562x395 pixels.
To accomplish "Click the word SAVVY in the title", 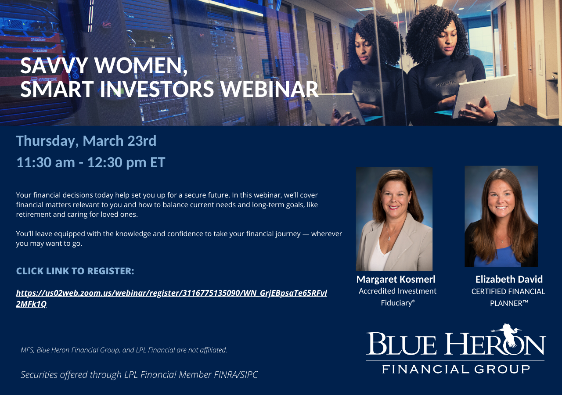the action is pyautogui.click(x=54, y=66).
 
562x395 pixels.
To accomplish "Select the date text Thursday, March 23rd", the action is pyautogui.click(x=86, y=141).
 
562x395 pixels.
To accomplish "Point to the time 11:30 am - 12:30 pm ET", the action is pyautogui.click(x=91, y=162).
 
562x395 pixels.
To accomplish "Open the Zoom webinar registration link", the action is pyautogui.click(x=171, y=298).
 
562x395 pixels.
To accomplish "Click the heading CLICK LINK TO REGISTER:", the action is pyautogui.click(x=75, y=271).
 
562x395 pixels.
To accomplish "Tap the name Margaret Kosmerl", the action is pyautogui.click(x=396, y=280).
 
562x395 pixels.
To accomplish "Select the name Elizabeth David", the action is pyautogui.click(x=509, y=280).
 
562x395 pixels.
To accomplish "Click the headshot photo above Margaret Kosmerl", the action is pyautogui.click(x=394, y=219).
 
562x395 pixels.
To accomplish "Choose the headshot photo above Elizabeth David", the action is pyautogui.click(x=501, y=216).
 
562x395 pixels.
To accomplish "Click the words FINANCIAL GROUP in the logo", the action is pyautogui.click(x=456, y=369).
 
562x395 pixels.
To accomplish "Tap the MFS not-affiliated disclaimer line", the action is pyautogui.click(x=124, y=350).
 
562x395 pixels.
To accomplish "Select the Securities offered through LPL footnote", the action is pyautogui.click(x=139, y=375).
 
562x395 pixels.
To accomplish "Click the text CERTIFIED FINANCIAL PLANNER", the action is pyautogui.click(x=508, y=298).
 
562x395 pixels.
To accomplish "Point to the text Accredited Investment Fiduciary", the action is pyautogui.click(x=398, y=297).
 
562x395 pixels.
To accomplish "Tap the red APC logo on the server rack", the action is pyautogui.click(x=107, y=25).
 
